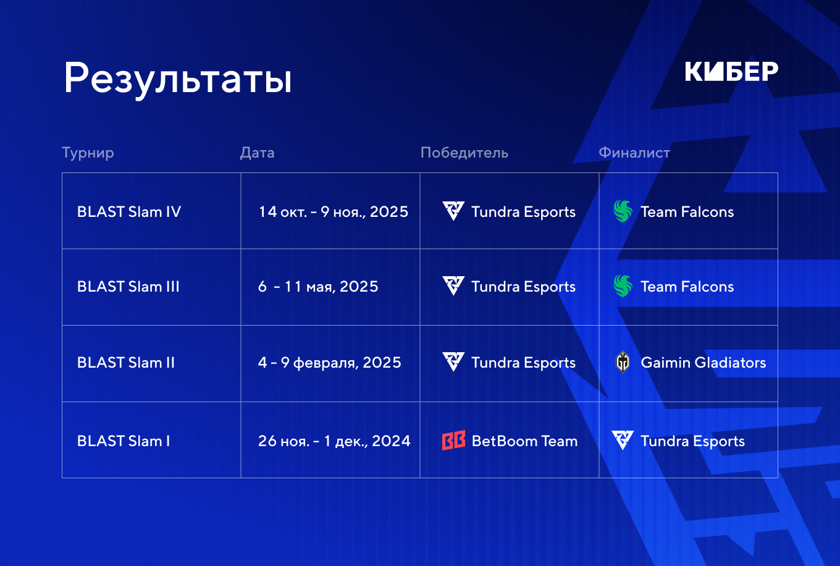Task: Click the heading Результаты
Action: (x=178, y=78)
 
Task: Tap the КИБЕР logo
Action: (x=732, y=71)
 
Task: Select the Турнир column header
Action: (x=88, y=153)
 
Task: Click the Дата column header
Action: (x=257, y=153)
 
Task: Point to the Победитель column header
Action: (x=464, y=153)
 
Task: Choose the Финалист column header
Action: (x=634, y=153)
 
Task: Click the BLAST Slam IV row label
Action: (x=129, y=212)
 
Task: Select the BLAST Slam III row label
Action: (x=128, y=287)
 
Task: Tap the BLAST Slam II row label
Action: (x=126, y=363)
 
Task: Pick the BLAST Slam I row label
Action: (x=124, y=441)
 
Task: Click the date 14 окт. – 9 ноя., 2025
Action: (x=334, y=213)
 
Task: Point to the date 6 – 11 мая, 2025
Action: (x=318, y=287)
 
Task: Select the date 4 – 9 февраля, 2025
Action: (x=330, y=363)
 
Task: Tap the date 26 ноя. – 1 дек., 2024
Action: (x=334, y=441)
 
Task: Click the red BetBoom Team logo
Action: (x=454, y=441)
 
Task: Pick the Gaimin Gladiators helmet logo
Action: (x=623, y=362)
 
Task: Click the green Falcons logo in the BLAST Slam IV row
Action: (x=623, y=211)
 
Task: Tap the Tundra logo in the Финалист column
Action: (x=623, y=440)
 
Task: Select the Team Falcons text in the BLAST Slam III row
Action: (x=687, y=287)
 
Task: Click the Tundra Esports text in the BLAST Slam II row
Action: (x=524, y=363)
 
